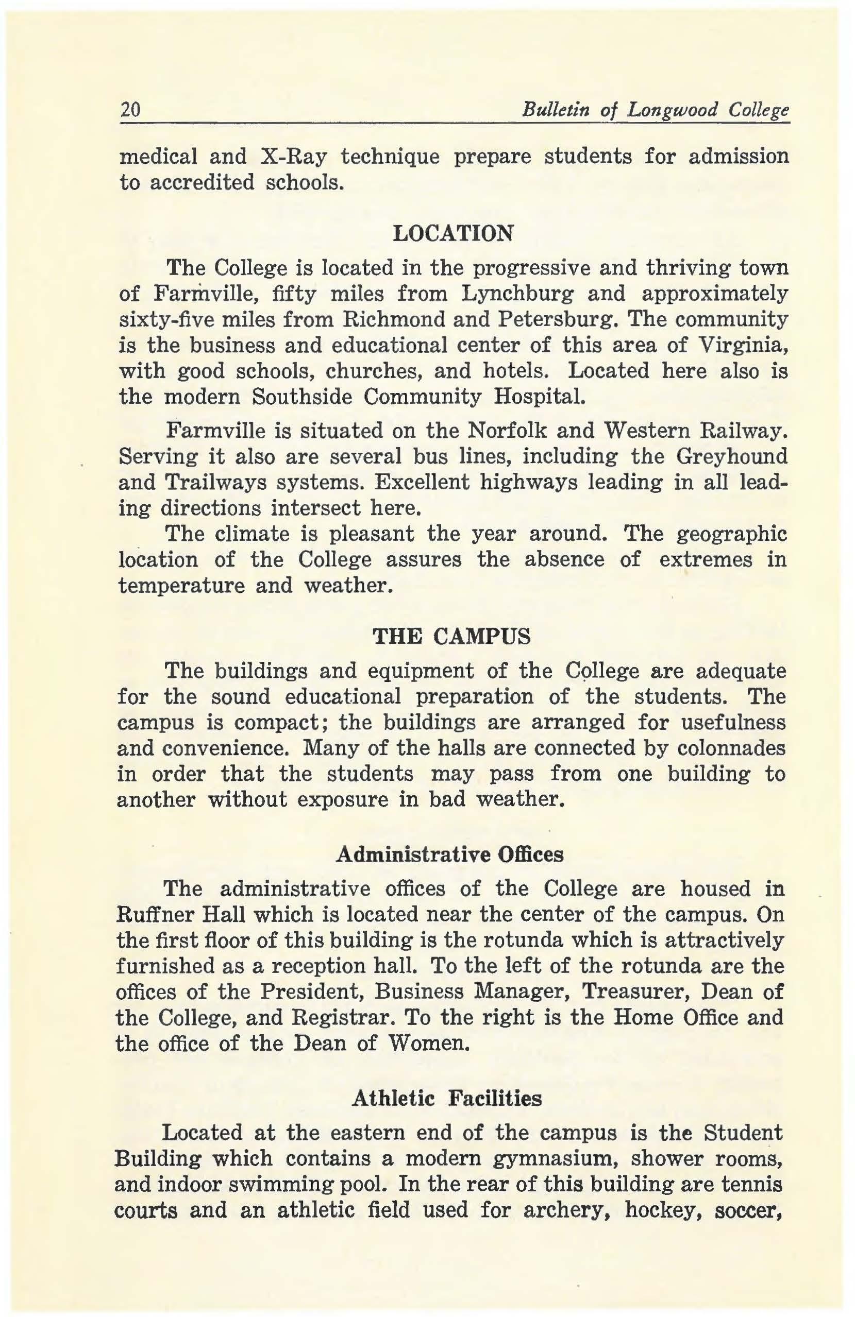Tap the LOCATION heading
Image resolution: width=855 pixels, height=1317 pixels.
click(452, 233)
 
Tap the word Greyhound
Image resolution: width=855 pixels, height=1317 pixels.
click(731, 456)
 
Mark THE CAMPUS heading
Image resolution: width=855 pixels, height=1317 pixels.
click(452, 637)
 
